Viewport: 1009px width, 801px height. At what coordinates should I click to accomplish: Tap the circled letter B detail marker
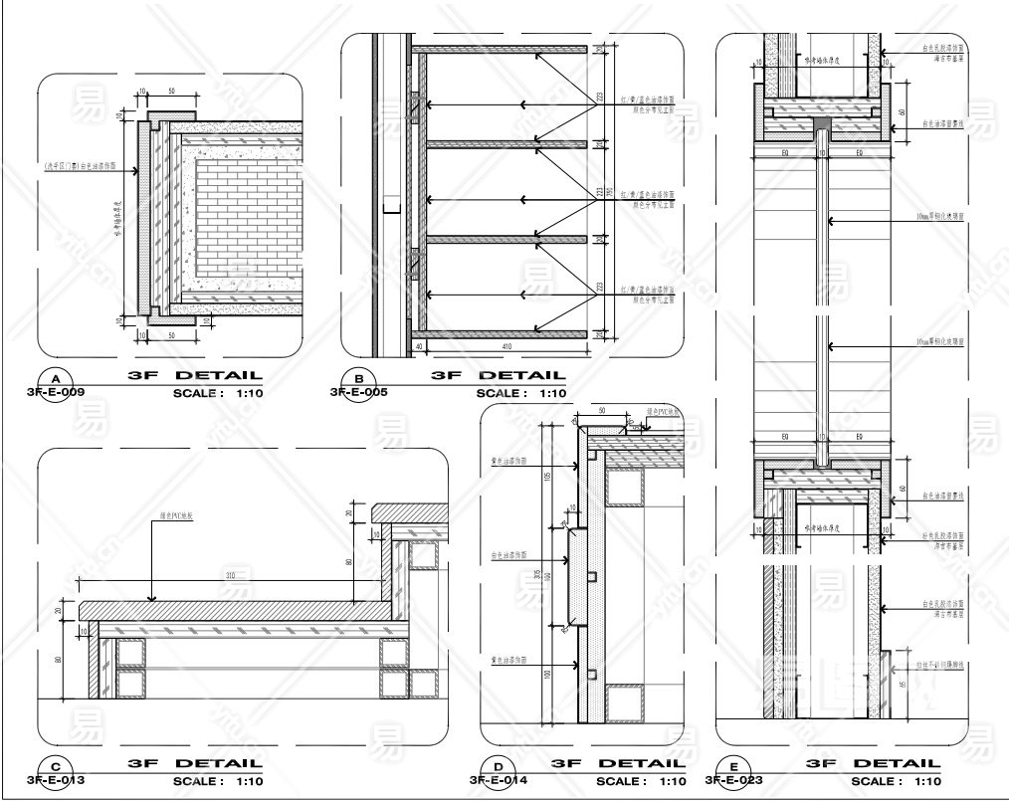pos(358,379)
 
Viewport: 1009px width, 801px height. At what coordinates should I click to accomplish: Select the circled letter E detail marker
pos(733,767)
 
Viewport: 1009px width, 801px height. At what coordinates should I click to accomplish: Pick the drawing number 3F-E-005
pos(358,393)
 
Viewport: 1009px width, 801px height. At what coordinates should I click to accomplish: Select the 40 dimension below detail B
pos(419,346)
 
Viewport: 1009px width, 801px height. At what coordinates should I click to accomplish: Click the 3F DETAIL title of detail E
pos(873,764)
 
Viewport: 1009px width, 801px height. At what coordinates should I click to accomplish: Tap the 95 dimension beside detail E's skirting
pos(902,685)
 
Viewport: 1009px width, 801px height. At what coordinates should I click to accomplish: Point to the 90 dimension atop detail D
pos(602,410)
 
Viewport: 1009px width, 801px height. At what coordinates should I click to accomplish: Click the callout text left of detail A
pos(80,167)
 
